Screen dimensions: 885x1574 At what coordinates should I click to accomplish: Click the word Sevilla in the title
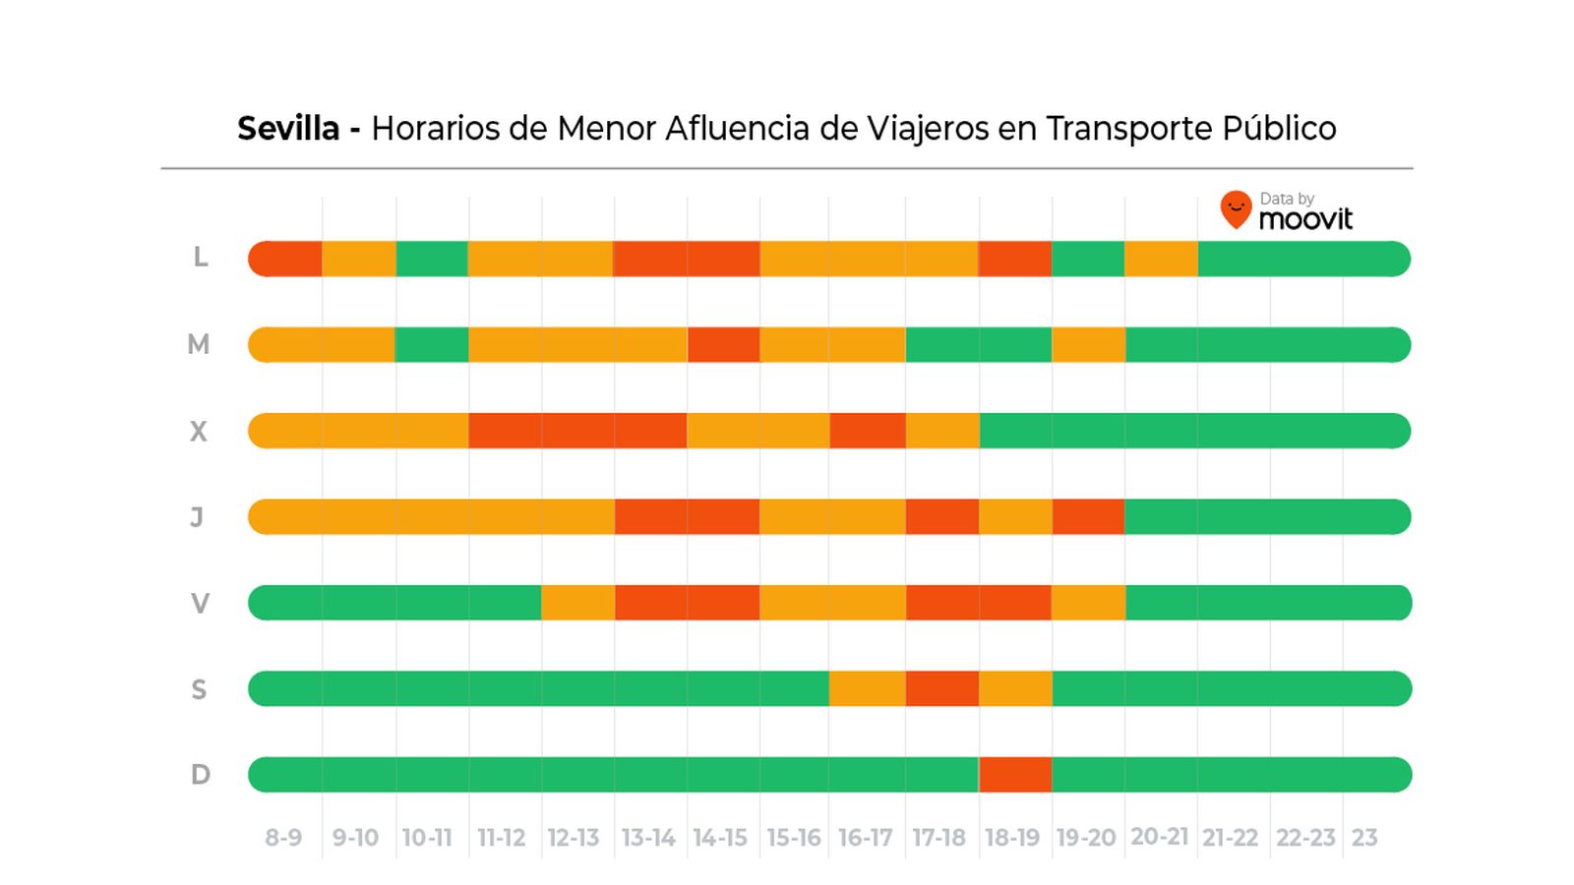pos(288,129)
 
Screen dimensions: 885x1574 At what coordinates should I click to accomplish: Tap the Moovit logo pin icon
pos(1236,209)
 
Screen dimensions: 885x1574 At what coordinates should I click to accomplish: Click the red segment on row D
pos(1015,775)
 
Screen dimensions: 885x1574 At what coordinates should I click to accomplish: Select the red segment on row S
pos(941,688)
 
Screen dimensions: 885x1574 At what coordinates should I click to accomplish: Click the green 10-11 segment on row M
pos(432,345)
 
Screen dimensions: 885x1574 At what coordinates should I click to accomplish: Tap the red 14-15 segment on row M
pos(723,345)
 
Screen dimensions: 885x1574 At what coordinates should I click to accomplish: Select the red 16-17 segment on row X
pos(867,431)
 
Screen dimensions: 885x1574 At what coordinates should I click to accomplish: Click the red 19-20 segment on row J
pos(1088,517)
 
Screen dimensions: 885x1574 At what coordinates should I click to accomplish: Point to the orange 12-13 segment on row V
pos(577,603)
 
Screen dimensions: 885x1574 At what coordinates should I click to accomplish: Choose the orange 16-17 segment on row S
pos(867,688)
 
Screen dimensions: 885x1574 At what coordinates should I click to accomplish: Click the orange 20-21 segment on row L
pos(1161,259)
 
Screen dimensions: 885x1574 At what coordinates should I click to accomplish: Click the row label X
pos(199,432)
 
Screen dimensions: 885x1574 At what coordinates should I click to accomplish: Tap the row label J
pos(197,517)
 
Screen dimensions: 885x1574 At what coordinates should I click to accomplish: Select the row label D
pos(200,775)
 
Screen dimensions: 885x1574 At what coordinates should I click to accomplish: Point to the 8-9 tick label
pos(283,838)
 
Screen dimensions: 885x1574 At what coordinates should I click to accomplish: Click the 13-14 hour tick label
pos(648,838)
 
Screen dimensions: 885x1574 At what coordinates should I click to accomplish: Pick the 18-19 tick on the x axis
pos(1012,838)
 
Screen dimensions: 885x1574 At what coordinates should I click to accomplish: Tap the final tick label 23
pos(1364,838)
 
